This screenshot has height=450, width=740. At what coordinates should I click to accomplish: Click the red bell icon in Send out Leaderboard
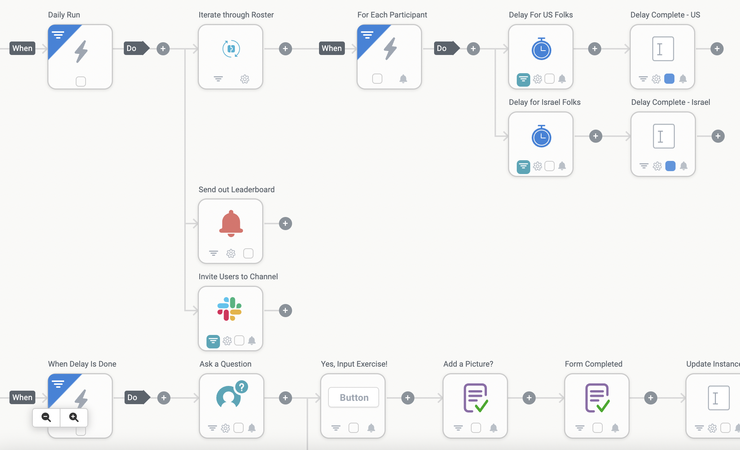pos(231,223)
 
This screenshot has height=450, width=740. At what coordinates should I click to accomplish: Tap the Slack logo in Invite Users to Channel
pos(230,309)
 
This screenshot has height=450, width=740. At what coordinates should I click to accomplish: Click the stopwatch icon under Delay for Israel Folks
pos(541,136)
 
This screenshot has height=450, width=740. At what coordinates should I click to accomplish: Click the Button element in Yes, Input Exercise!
pos(354,397)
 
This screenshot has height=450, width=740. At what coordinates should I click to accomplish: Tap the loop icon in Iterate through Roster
pos(231,48)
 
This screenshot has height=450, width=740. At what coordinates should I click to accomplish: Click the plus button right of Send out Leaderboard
pos(286,224)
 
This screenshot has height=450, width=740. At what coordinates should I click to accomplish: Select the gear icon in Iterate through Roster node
pos(245,79)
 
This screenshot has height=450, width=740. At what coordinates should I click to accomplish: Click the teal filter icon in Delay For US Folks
pos(523,79)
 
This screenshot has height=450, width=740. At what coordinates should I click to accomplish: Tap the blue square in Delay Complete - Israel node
pos(670,166)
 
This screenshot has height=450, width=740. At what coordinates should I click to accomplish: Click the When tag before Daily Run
pos(22,48)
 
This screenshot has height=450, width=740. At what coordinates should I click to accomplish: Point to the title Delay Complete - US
pos(665,15)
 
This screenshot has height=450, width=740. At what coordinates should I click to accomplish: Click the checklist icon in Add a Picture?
pos(476,398)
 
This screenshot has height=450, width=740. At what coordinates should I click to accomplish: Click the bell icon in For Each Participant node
pos(403,79)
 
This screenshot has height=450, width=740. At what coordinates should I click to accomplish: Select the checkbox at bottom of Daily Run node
pos(81,81)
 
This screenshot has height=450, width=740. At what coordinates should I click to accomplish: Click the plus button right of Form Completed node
pos(650,398)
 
